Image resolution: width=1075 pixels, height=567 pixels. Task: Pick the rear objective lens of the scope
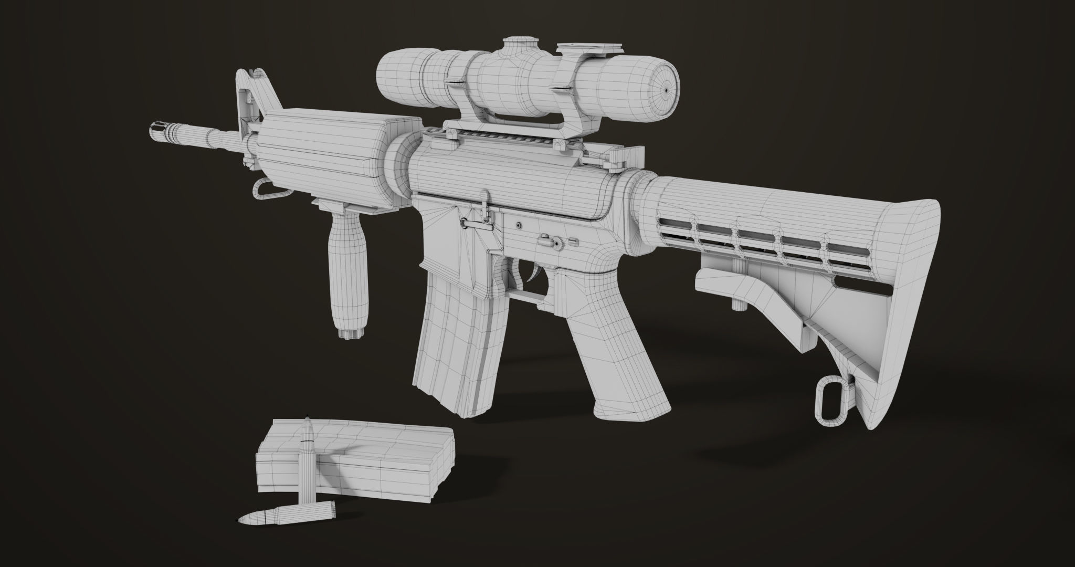pos(665,90)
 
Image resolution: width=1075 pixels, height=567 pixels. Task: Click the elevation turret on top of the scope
pos(519,45)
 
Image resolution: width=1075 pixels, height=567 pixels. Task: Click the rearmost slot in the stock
pos(845,247)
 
